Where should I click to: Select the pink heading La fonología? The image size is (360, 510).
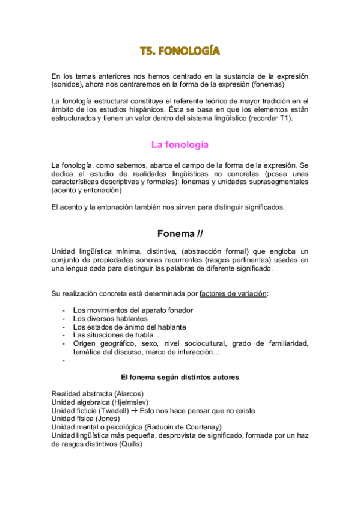tap(180, 144)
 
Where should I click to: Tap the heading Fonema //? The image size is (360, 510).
tap(180, 233)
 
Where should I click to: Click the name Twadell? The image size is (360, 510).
tap(119, 410)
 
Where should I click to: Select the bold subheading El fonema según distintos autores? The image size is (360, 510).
tap(180, 377)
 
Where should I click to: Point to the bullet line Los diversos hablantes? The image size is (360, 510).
tap(110, 318)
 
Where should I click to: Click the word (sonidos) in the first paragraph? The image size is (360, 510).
tap(69, 85)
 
